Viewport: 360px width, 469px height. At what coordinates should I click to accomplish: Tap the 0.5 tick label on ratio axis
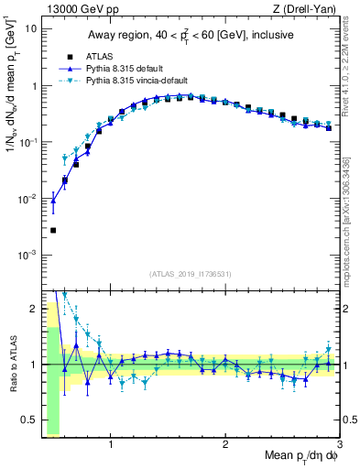coord(28,420)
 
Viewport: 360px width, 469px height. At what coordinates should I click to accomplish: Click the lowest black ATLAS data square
coord(53,230)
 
